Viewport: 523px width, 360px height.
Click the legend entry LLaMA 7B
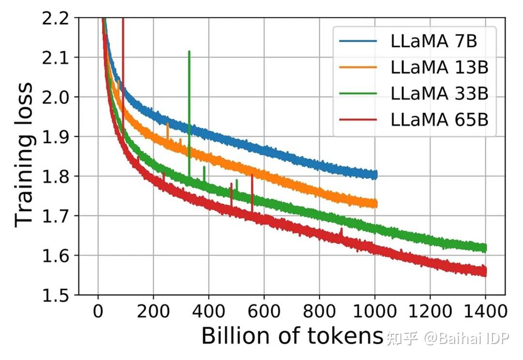click(x=433, y=41)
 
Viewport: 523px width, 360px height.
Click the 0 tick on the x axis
click(x=98, y=310)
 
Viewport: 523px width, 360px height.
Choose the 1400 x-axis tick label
click(x=485, y=310)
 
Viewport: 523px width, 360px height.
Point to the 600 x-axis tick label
click(x=264, y=310)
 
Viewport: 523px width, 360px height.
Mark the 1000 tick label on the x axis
click(x=374, y=310)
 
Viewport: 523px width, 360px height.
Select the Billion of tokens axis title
click(x=292, y=335)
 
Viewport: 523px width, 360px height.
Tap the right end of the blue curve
click(x=375, y=175)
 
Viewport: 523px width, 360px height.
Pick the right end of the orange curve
click(x=375, y=204)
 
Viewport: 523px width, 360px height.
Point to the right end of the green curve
click(x=484, y=248)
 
